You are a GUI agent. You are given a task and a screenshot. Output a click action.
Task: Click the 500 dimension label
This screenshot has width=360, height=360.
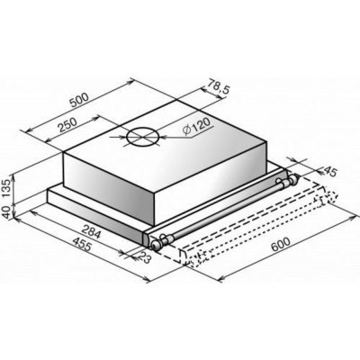(79, 101)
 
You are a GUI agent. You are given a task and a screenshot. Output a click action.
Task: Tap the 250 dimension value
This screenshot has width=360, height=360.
(67, 125)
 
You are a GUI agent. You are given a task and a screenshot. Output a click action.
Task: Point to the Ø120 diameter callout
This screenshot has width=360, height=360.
(196, 128)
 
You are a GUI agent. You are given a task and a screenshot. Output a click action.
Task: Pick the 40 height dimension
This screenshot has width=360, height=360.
(8, 211)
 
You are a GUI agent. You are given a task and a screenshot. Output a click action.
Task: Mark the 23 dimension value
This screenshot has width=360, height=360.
(143, 257)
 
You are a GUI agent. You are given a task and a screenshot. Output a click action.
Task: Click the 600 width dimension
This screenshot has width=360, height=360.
(280, 244)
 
